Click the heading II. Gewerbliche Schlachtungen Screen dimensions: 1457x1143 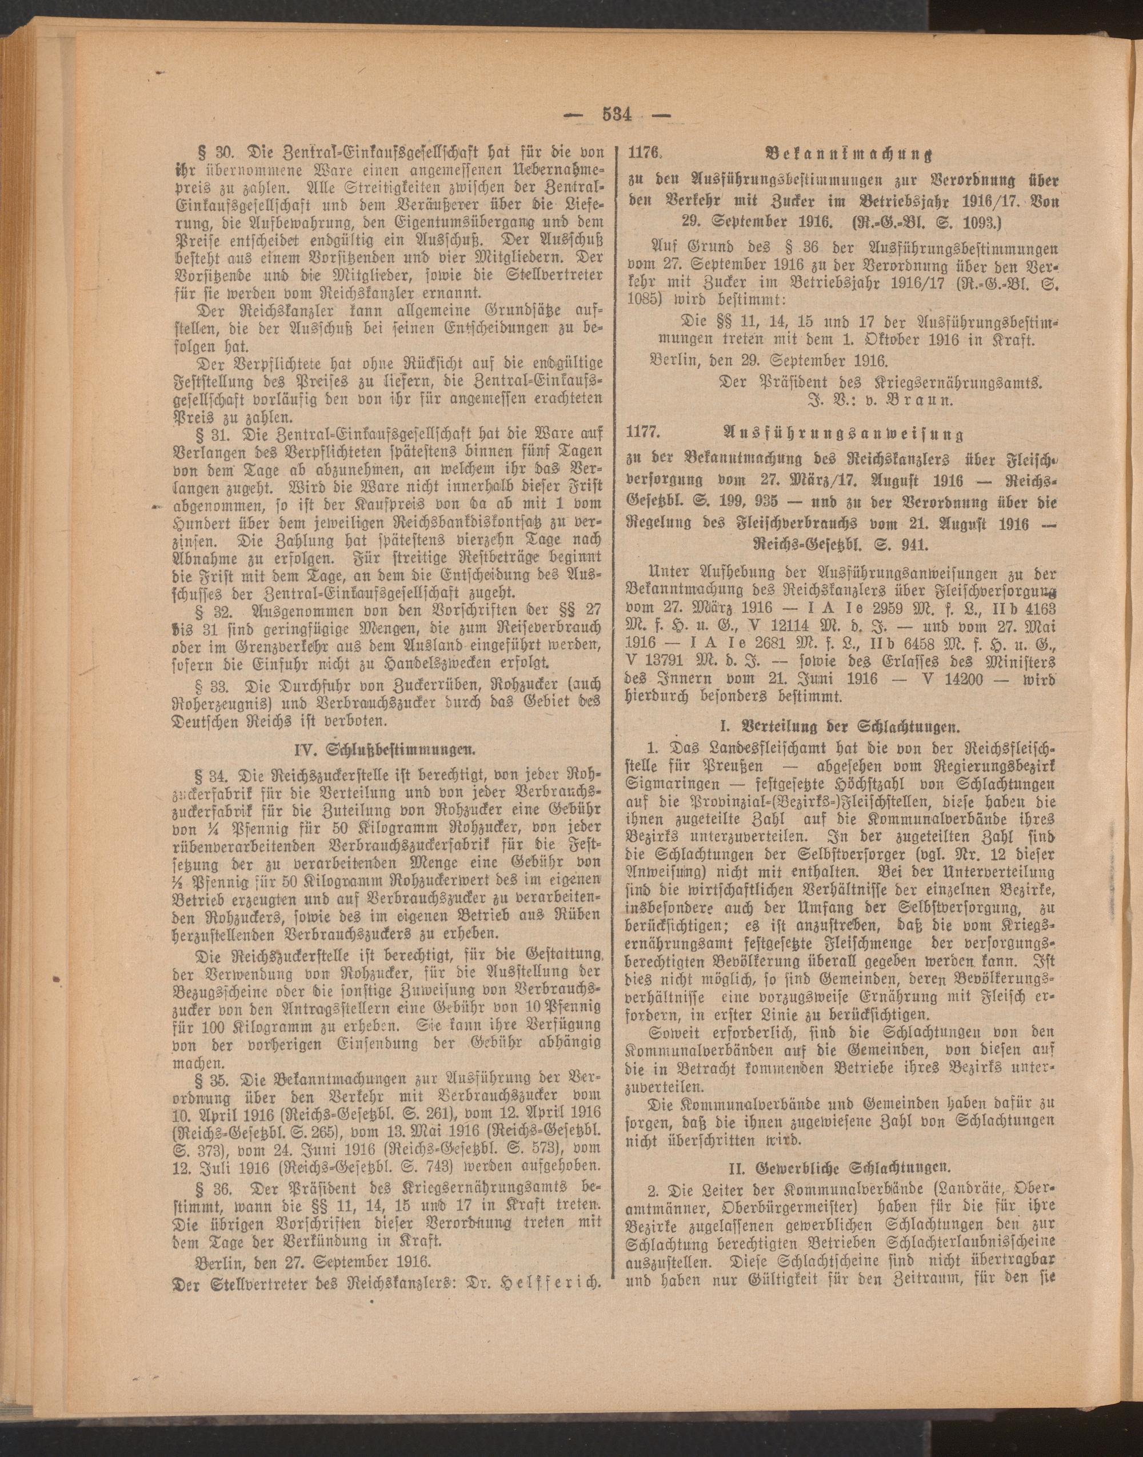(x=838, y=1168)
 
